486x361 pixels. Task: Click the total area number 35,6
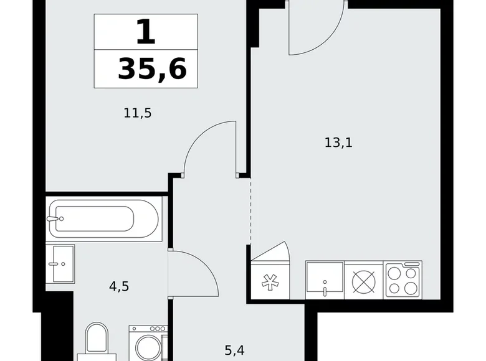click(x=151, y=69)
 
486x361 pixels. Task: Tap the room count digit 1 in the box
click(x=145, y=31)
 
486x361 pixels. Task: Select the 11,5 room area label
click(x=138, y=113)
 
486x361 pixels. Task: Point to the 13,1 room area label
click(x=338, y=143)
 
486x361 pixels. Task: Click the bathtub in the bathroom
click(x=103, y=218)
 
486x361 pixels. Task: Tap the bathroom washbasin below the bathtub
click(x=61, y=264)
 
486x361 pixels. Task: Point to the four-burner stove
click(x=403, y=281)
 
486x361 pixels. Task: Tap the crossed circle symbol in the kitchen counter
click(x=364, y=281)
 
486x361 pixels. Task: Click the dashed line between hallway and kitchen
click(x=250, y=212)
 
